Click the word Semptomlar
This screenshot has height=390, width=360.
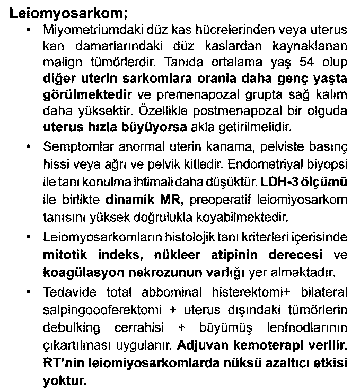pyautogui.click(x=71, y=145)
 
